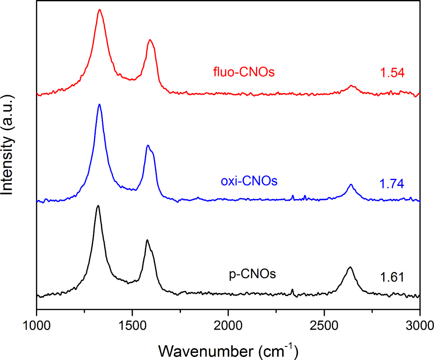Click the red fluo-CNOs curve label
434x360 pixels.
(244, 72)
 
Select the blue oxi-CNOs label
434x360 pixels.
(249, 181)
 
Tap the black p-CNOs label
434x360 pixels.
(253, 274)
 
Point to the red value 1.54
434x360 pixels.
(392, 73)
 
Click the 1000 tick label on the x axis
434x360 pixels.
(37, 327)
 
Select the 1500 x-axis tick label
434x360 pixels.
(133, 327)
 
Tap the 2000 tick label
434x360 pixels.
(228, 327)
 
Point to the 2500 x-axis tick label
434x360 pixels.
(324, 327)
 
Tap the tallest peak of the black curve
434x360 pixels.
(98, 206)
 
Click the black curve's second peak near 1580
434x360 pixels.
(147, 240)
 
